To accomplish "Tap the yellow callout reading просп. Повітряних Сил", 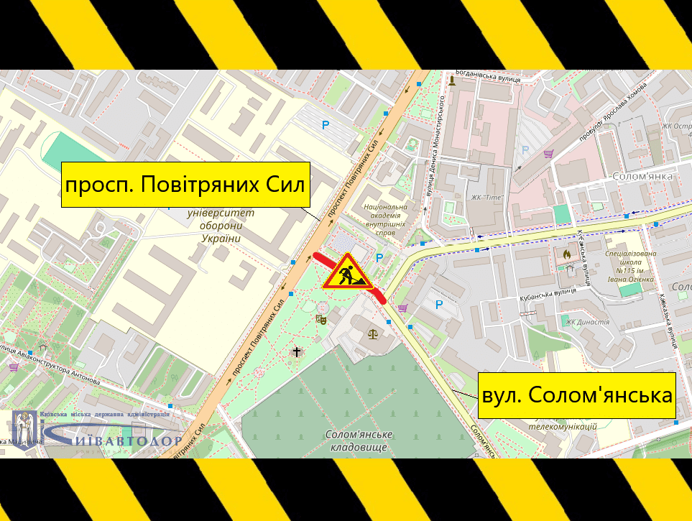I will tap(185, 185).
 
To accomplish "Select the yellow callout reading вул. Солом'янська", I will tap(577, 395).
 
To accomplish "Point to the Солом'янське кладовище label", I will tap(359, 441).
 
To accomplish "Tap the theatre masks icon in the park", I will tap(321, 316).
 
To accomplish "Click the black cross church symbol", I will tap(296, 351).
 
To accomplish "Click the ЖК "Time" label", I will tap(488, 198).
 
